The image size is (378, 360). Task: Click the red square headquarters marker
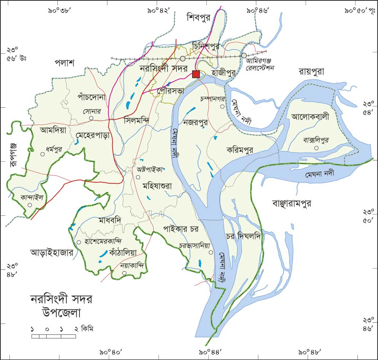[196, 74]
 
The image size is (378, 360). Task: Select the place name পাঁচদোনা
[91, 97]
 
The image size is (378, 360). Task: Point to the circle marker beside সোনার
[91, 118]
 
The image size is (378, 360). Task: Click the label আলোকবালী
[309, 116]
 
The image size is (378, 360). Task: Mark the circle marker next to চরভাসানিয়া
[210, 252]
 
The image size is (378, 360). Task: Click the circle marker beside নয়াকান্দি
[124, 273]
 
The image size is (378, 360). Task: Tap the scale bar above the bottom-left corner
[53, 336]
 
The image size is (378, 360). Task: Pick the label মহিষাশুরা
[157, 186]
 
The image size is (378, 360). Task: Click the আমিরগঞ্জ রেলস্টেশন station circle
[244, 56]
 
